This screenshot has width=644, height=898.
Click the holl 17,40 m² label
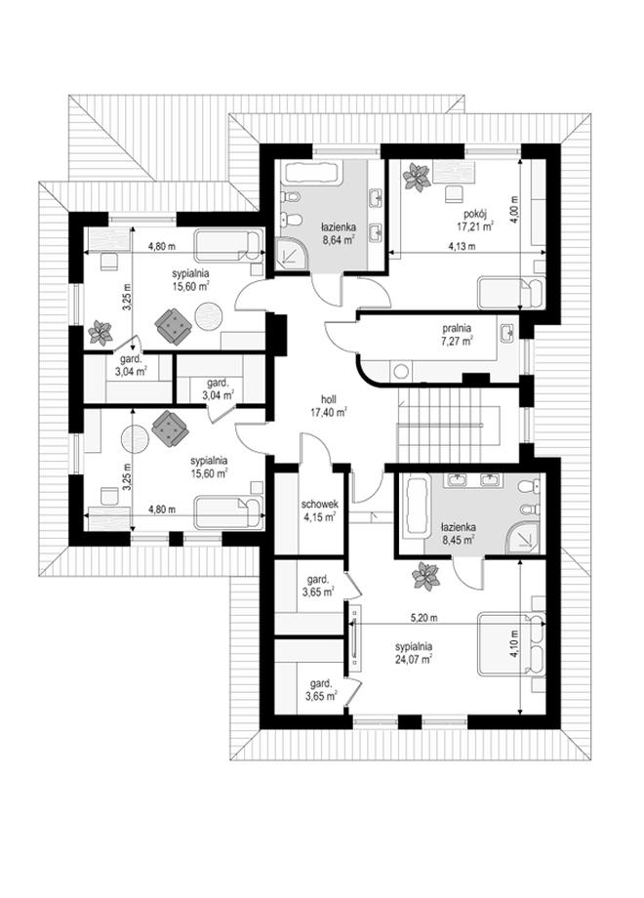pyautogui.click(x=329, y=405)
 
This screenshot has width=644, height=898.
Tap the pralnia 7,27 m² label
pyautogui.click(x=457, y=335)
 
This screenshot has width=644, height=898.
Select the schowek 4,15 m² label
pyautogui.click(x=321, y=510)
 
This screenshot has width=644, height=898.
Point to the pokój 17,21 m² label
pyautogui.click(x=475, y=220)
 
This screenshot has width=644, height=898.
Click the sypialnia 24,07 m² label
pyautogui.click(x=414, y=652)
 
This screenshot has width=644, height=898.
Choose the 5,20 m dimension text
pyautogui.click(x=424, y=618)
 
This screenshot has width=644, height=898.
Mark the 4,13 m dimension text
pyautogui.click(x=463, y=246)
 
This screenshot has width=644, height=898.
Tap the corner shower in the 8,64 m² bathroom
pyautogui.click(x=291, y=254)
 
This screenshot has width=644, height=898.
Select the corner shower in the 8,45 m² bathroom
pyautogui.click(x=523, y=539)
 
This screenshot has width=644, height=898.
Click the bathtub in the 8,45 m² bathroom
pyautogui.click(x=417, y=508)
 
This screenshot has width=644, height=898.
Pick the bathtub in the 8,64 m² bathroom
pyautogui.click(x=313, y=173)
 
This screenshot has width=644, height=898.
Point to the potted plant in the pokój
pyautogui.click(x=417, y=177)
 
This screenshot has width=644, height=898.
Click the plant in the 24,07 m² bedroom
pyautogui.click(x=425, y=576)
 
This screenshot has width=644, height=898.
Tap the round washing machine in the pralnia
pyautogui.click(x=401, y=371)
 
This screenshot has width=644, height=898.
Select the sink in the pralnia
pyautogui.click(x=506, y=334)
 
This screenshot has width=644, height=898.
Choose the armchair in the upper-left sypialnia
pyautogui.click(x=174, y=326)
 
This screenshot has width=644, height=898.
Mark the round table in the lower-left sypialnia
pyautogui.click(x=136, y=438)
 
